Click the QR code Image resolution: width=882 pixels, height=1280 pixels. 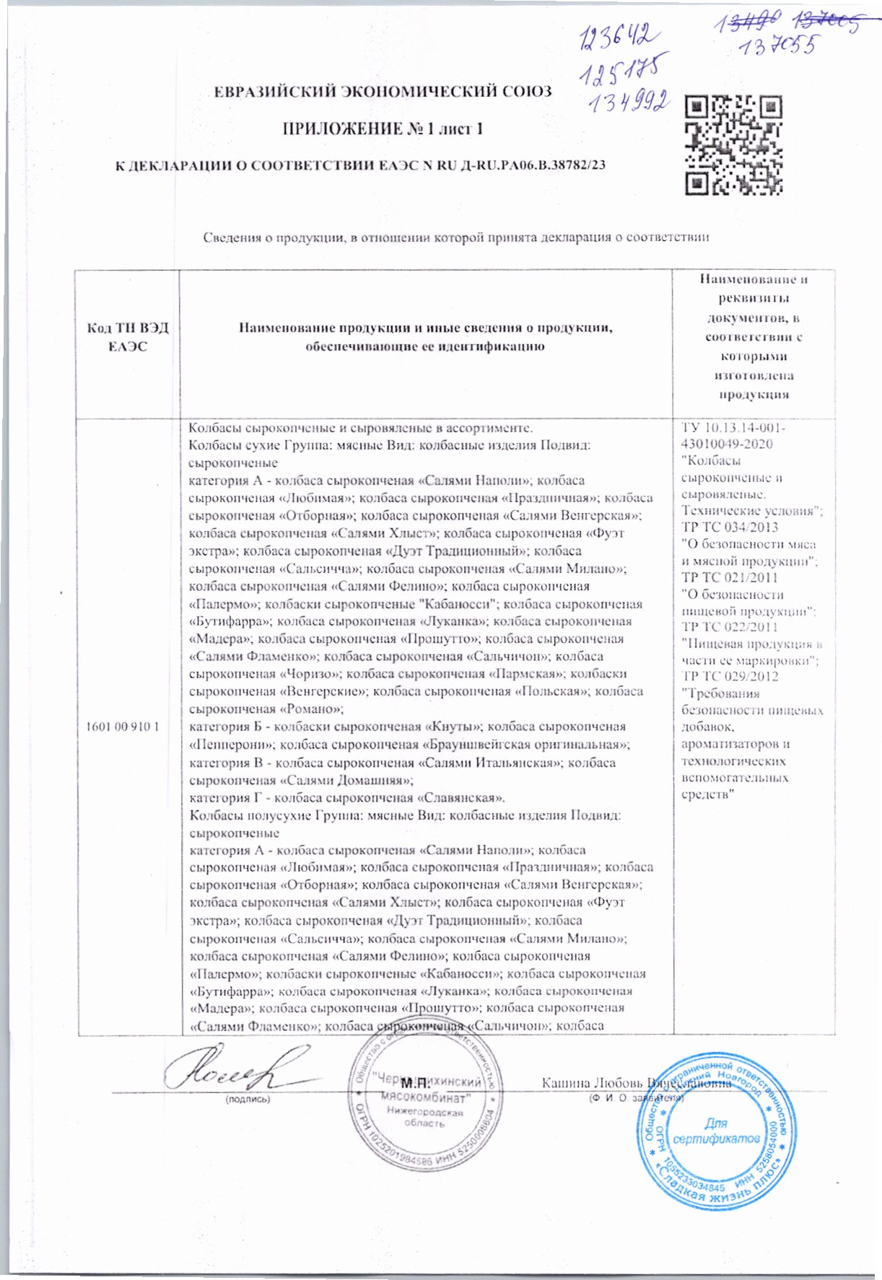click(733, 145)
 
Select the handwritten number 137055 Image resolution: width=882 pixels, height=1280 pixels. click(778, 48)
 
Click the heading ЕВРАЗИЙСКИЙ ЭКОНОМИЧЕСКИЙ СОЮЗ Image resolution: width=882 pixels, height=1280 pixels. click(383, 92)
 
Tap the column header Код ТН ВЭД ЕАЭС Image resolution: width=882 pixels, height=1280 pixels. click(128, 337)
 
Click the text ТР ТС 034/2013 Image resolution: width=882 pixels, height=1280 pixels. click(730, 527)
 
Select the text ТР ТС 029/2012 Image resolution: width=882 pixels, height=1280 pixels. click(730, 677)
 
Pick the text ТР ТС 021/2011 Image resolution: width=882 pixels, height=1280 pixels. click(730, 577)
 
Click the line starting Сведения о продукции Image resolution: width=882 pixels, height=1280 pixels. click(455, 237)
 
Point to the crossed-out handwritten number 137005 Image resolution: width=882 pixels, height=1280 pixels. click(826, 24)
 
